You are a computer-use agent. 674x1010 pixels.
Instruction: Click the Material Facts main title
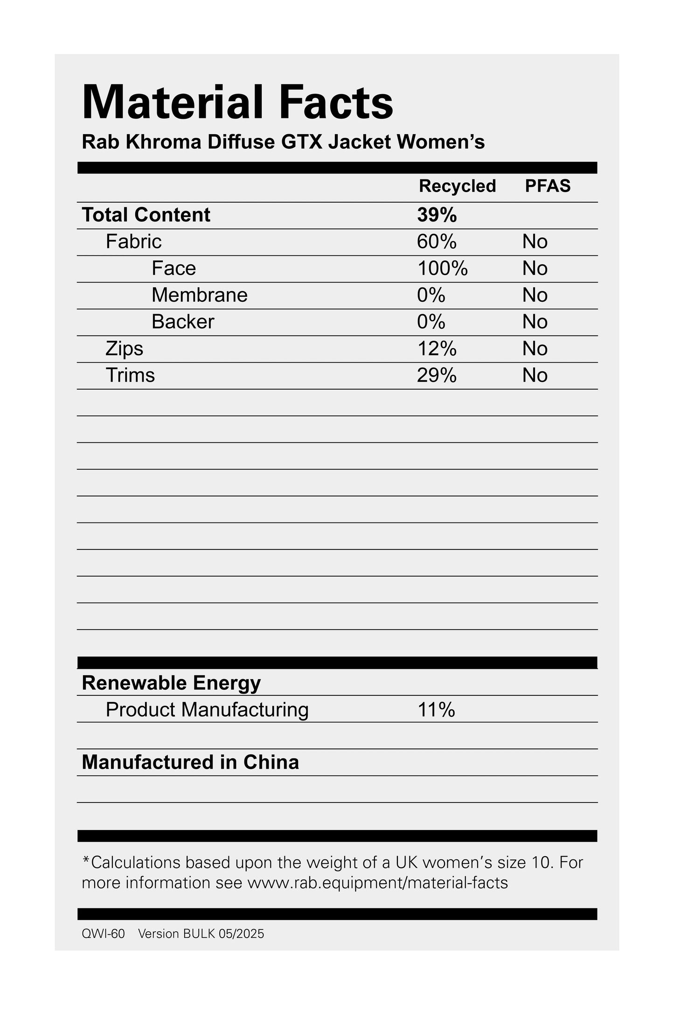(237, 103)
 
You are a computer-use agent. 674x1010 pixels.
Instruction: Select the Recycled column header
(457, 186)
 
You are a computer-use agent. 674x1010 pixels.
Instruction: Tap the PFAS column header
(548, 186)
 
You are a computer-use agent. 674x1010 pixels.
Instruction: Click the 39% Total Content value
(437, 215)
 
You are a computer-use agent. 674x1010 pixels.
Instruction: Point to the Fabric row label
(133, 241)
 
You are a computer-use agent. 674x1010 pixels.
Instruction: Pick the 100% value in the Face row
(442, 268)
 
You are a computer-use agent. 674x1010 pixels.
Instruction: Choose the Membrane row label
(199, 295)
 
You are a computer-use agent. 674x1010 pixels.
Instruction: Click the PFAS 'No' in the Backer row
(535, 322)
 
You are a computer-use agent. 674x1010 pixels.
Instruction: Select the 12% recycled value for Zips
(437, 349)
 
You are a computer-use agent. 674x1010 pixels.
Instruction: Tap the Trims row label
(130, 375)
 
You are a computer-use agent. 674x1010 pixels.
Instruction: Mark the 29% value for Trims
(437, 375)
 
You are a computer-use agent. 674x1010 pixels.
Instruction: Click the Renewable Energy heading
(171, 683)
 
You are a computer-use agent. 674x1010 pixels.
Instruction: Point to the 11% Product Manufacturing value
(436, 710)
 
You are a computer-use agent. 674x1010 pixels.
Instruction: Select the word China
(271, 763)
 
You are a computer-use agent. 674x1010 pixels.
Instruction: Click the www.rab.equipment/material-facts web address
(377, 883)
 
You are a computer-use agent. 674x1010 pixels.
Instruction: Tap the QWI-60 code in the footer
(103, 934)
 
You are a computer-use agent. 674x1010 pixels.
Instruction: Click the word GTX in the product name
(302, 142)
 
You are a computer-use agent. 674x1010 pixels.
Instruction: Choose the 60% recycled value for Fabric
(437, 241)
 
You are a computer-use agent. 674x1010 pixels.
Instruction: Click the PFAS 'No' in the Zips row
(535, 349)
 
